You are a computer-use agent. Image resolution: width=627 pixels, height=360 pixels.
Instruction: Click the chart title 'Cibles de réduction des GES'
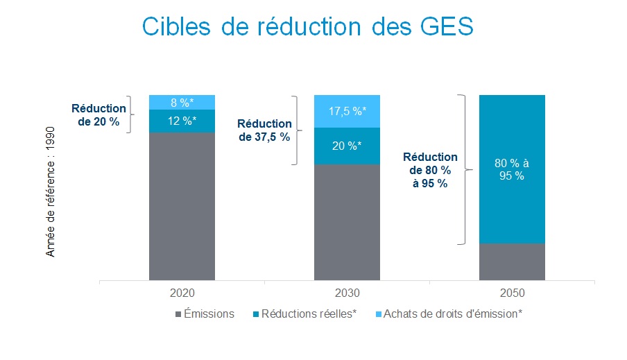coord(308,27)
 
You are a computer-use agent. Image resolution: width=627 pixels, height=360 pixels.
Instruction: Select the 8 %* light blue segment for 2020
coord(182,102)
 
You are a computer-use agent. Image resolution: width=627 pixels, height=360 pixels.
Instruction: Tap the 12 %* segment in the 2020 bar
coord(182,121)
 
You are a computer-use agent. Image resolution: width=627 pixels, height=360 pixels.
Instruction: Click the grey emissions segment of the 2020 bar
coord(182,206)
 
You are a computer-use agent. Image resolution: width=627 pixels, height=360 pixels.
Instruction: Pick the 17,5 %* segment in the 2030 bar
coord(347,111)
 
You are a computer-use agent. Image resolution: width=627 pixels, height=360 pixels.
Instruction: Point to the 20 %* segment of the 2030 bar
coord(347,146)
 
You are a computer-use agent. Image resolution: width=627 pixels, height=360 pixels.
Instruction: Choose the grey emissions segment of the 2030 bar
coord(347,222)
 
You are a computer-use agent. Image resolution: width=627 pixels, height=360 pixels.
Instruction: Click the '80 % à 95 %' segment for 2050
coord(512,169)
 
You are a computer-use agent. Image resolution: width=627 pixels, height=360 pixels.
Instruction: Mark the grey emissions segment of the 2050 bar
coord(512,262)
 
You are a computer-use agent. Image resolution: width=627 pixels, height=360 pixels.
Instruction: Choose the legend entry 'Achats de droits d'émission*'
coord(447,314)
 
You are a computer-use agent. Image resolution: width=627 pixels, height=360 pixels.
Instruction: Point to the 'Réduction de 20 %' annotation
coord(99,115)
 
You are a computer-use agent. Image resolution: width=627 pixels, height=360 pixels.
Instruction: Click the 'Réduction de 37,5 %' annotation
coord(265,130)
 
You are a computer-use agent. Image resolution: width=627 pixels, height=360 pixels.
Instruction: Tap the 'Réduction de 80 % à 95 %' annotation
coord(430,170)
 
